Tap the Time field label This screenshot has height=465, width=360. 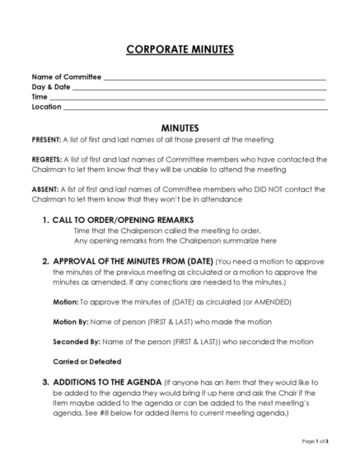click(x=40, y=97)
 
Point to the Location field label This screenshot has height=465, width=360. click(x=46, y=107)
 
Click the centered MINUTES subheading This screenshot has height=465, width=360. click(x=180, y=129)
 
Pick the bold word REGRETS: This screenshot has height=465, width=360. click(x=49, y=160)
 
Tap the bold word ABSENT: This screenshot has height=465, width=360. click(x=46, y=189)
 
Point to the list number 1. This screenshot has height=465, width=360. click(x=44, y=220)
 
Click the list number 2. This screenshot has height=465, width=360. click(x=44, y=261)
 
